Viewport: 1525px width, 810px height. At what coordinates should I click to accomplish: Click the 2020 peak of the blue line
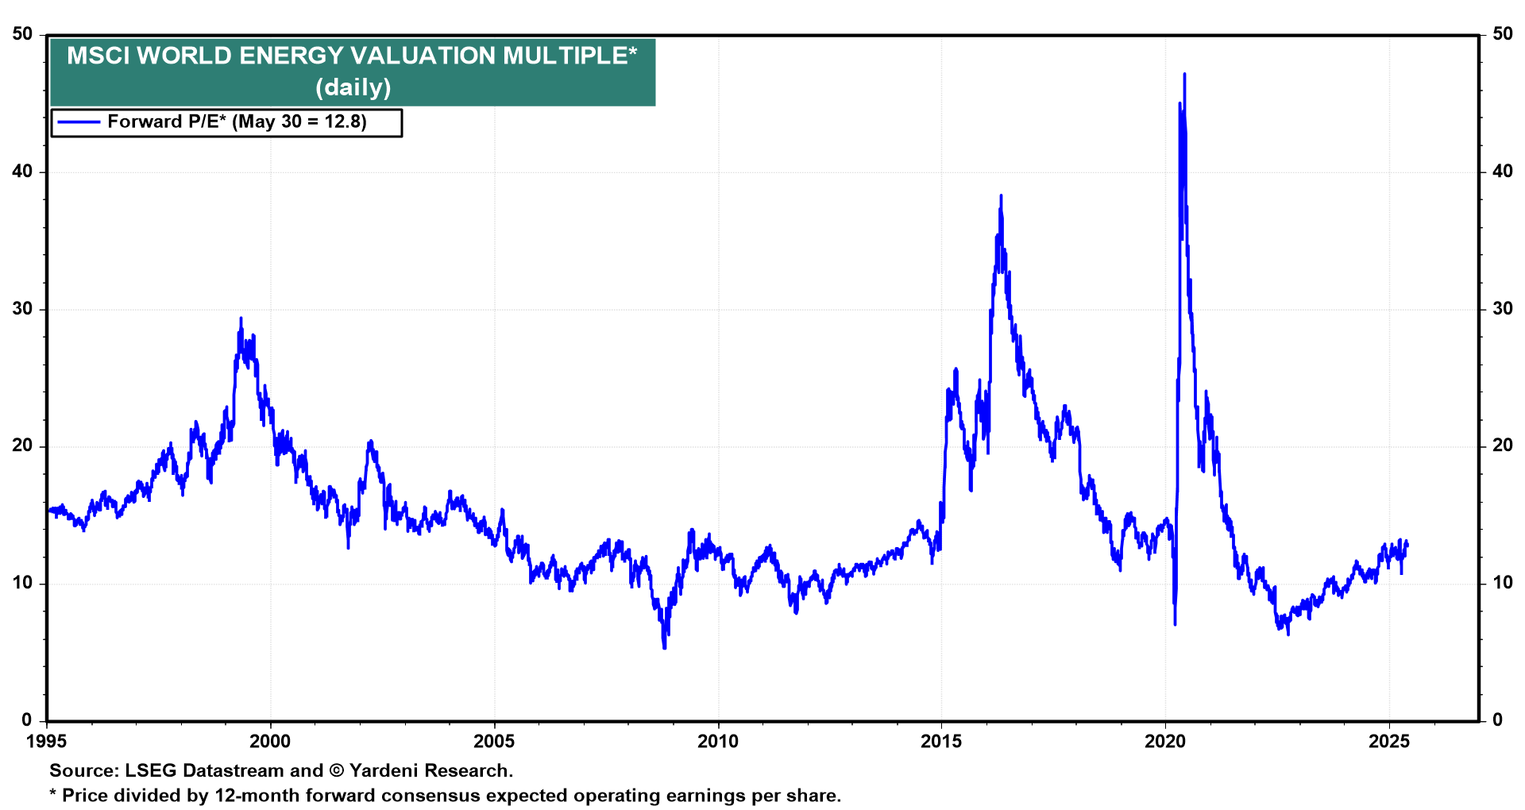pyautogui.click(x=1184, y=74)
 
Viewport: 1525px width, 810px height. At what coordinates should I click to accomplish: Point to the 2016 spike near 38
pyautogui.click(x=1001, y=195)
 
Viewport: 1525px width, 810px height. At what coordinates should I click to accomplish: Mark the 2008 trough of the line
pyautogui.click(x=664, y=648)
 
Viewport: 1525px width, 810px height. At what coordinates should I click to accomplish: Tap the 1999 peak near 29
pyautogui.click(x=241, y=318)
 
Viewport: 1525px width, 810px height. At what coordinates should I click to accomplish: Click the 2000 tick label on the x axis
pyautogui.click(x=270, y=742)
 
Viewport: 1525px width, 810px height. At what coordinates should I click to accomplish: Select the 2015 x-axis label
pyautogui.click(x=941, y=742)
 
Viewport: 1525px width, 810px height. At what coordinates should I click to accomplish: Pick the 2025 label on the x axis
pyautogui.click(x=1389, y=742)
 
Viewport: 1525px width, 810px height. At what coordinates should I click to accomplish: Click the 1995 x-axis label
pyautogui.click(x=47, y=742)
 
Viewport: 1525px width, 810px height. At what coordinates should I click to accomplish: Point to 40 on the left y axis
pyautogui.click(x=22, y=172)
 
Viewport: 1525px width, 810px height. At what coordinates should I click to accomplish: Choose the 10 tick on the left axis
pyautogui.click(x=22, y=583)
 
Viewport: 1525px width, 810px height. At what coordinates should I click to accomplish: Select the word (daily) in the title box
pyautogui.click(x=353, y=87)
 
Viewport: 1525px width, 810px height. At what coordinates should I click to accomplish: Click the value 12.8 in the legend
pyautogui.click(x=345, y=122)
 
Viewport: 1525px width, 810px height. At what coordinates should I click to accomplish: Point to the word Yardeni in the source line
pyautogui.click(x=384, y=770)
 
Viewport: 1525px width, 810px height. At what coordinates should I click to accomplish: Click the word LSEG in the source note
pyautogui.click(x=151, y=770)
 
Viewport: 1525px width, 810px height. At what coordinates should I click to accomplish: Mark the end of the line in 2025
pyautogui.click(x=1407, y=544)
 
